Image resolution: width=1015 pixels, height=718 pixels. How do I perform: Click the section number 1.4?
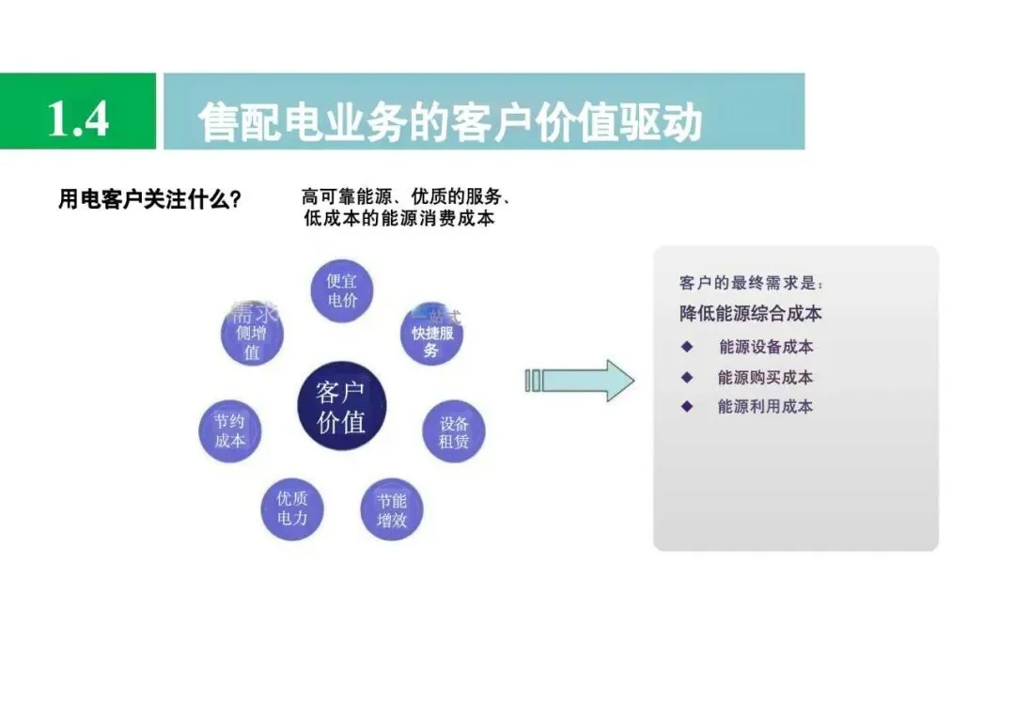(78, 118)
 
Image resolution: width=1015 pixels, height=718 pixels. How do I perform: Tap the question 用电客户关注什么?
(149, 200)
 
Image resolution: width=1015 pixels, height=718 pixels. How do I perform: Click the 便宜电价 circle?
(342, 291)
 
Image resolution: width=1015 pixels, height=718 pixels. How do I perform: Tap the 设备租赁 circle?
(454, 431)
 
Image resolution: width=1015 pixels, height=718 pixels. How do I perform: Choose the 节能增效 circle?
(392, 510)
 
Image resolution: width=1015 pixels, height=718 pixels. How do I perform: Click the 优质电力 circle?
(292, 507)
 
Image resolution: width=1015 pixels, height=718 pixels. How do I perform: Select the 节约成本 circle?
(229, 430)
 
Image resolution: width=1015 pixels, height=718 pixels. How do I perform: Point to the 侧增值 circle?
(252, 336)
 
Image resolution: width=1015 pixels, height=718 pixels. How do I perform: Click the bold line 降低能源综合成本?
(751, 314)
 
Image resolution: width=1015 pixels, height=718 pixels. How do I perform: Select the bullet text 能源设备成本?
(766, 347)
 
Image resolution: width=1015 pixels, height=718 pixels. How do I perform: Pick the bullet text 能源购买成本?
(766, 377)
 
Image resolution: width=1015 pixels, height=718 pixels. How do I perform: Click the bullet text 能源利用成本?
(766, 407)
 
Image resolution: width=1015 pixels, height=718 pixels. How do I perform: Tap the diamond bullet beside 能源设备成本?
(687, 347)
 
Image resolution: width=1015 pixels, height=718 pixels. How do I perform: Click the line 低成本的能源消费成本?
(399, 219)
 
